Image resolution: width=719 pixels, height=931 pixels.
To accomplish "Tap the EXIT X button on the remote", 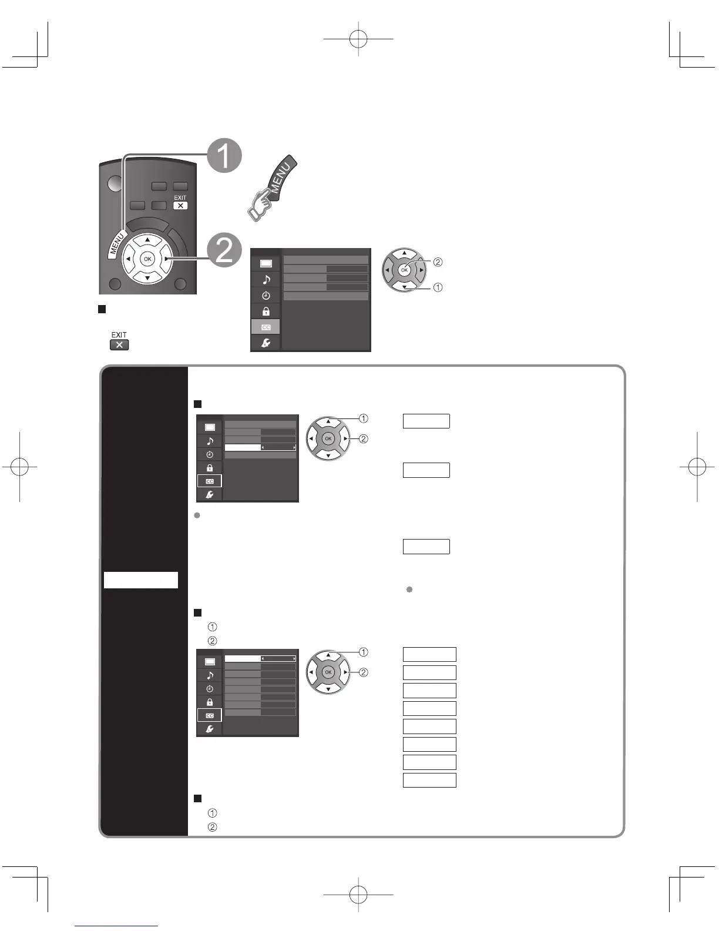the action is pyautogui.click(x=180, y=206).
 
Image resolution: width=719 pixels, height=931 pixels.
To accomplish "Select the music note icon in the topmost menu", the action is pyautogui.click(x=266, y=280).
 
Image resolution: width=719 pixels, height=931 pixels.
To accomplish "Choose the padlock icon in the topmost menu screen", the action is pyautogui.click(x=266, y=311).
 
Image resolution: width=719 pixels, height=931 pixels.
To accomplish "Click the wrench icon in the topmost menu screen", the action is pyautogui.click(x=266, y=343).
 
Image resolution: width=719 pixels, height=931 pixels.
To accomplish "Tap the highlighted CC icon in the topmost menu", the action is pyautogui.click(x=266, y=327).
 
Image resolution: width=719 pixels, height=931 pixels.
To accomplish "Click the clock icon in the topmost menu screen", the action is pyautogui.click(x=266, y=296).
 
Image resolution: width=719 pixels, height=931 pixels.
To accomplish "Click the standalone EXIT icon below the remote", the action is pyautogui.click(x=119, y=344).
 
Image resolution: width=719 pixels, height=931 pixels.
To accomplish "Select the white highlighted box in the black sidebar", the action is pyautogui.click(x=141, y=580).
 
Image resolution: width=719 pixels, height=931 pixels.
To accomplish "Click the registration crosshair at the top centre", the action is pyautogui.click(x=358, y=39).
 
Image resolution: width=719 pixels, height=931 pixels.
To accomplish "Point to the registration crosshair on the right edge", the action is pyautogui.click(x=697, y=468).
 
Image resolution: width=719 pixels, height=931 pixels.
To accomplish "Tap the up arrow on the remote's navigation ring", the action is pyautogui.click(x=147, y=240).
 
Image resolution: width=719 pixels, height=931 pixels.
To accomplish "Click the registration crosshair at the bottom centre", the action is pyautogui.click(x=358, y=895).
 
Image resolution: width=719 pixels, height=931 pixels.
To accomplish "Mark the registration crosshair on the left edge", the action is pyautogui.click(x=20, y=468).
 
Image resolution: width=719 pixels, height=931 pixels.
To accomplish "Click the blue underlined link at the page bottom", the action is pyautogui.click(x=116, y=927).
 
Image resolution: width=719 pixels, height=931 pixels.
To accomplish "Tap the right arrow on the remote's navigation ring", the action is pyautogui.click(x=167, y=259).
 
